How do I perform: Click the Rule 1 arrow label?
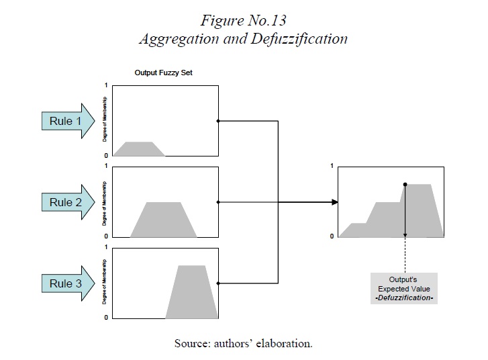(65, 122)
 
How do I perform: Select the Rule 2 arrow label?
(65, 202)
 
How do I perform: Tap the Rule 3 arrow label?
(65, 283)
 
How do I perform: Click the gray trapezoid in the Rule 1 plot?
(139, 149)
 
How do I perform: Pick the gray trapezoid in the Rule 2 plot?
(164, 219)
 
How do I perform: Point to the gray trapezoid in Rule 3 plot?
(192, 293)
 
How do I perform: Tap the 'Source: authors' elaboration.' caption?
(244, 343)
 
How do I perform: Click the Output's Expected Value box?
(403, 288)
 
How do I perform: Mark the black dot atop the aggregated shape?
(405, 184)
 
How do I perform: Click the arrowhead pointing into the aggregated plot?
(334, 202)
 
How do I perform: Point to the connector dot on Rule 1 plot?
(218, 122)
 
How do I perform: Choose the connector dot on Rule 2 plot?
(218, 202)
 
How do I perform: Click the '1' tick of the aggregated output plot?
(332, 165)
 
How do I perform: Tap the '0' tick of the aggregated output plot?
(332, 236)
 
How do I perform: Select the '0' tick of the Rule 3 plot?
(105, 317)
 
